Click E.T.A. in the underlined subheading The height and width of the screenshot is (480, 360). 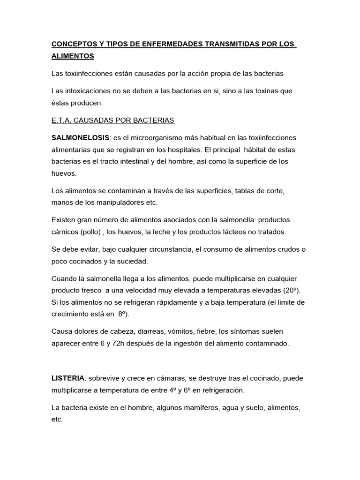click(x=61, y=120)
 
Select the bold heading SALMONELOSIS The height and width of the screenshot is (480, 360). click(x=80, y=138)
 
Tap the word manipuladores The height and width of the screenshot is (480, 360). click(x=122, y=202)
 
